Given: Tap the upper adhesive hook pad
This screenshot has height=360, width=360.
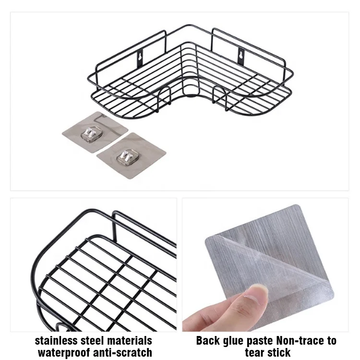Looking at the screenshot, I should point(95,132).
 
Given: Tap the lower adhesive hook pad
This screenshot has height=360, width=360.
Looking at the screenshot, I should point(131,156).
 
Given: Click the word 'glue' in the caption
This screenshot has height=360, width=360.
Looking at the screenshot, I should point(238,341).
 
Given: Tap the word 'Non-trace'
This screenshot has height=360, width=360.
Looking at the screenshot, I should point(304,341).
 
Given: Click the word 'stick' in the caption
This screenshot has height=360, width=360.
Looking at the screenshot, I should point(279,352).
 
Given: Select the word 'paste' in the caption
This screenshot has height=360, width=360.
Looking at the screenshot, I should point(266,341).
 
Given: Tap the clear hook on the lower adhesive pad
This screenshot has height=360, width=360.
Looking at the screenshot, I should point(127,156).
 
